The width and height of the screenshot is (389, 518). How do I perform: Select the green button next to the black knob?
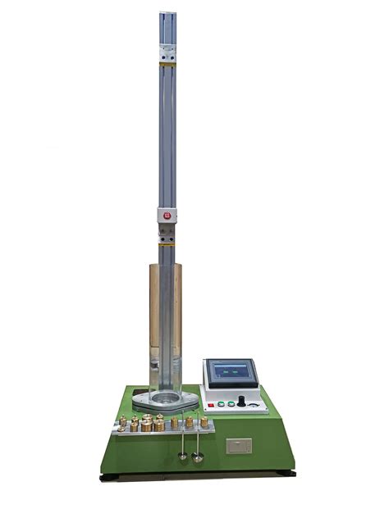click(231, 404)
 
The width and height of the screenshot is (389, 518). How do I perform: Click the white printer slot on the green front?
click(238, 446)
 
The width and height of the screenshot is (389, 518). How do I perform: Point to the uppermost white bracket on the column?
click(171, 53)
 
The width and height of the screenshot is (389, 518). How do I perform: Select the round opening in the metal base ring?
click(165, 401)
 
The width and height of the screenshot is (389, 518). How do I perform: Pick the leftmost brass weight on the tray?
click(122, 423)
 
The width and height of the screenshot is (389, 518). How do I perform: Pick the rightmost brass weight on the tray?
click(204, 421)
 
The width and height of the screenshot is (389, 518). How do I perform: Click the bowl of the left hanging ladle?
click(182, 456)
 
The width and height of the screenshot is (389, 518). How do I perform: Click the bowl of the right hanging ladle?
click(197, 458)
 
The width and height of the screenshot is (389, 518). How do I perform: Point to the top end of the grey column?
click(171, 15)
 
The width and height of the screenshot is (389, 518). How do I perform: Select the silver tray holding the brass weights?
click(164, 431)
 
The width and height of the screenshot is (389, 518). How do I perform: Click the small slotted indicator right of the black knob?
click(256, 404)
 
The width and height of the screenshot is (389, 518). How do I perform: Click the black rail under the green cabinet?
click(197, 474)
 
